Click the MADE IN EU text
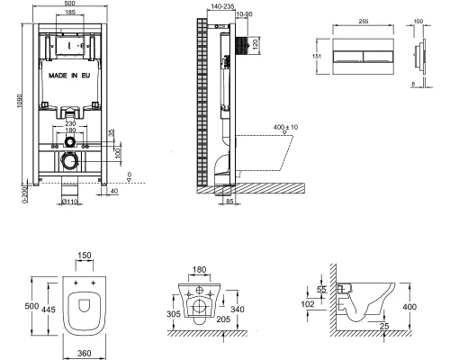tap(69, 76)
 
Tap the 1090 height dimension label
tap(20, 102)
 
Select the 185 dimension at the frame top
tap(70, 13)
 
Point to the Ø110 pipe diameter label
tap(69, 202)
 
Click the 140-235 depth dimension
tap(222, 6)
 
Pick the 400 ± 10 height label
tap(285, 127)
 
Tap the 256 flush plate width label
tap(364, 22)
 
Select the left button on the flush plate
tap(348, 57)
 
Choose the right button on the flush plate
tap(378, 57)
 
